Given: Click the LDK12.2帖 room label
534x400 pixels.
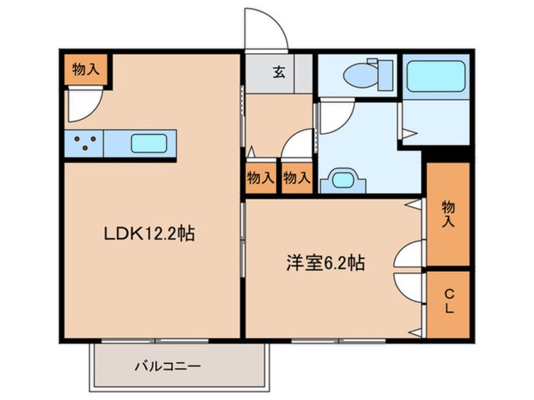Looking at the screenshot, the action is [149, 234].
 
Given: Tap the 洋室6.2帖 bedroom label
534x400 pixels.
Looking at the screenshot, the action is [325, 263].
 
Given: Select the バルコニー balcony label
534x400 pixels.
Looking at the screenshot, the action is [168, 367].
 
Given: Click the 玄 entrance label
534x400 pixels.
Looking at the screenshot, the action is [279, 72].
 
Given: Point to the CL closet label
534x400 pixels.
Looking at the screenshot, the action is [449, 300].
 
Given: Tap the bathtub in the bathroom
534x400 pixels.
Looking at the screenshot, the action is [436, 76].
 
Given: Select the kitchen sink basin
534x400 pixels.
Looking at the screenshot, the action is [149, 143].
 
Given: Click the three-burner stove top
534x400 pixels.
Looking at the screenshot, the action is [84, 143].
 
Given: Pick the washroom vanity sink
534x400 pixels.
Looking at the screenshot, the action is [343, 180].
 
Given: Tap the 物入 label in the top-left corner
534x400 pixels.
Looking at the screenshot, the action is [86, 70].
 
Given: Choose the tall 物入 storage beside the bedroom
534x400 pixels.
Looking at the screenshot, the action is [448, 214].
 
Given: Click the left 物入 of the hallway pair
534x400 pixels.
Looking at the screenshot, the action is [261, 178].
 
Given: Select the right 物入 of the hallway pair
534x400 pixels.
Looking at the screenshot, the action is [297, 178].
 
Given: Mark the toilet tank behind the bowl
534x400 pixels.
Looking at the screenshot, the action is [386, 75].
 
